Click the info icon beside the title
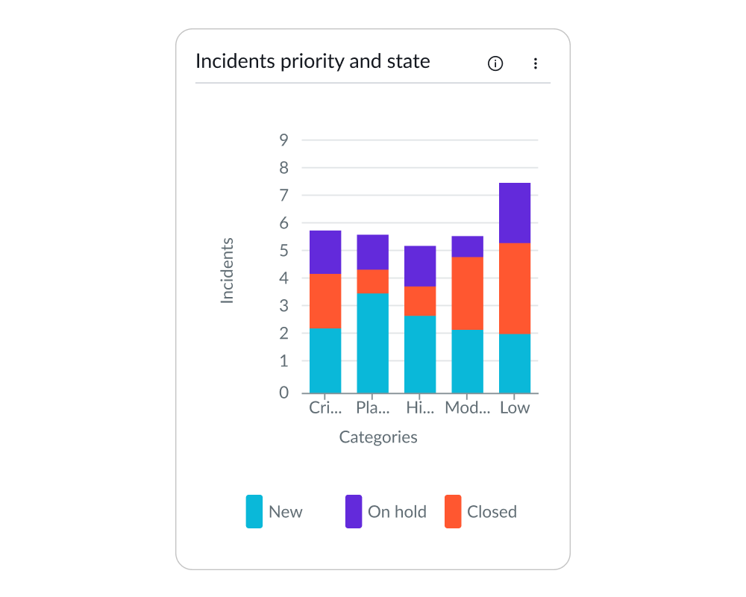(495, 63)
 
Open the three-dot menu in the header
(535, 63)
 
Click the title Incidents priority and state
(313, 61)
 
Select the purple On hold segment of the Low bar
(515, 213)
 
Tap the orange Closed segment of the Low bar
(515, 288)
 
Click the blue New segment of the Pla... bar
(372, 343)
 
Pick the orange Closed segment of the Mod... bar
(467, 293)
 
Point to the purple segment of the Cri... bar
(325, 252)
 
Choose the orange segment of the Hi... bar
(420, 301)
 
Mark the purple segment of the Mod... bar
(467, 246)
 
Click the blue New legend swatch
(254, 511)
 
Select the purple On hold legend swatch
(354, 511)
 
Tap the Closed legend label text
(492, 512)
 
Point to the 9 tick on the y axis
(283, 140)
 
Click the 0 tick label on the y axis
(283, 393)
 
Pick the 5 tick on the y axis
(283, 251)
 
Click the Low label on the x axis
(515, 408)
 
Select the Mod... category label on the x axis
(468, 408)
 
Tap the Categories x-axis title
(378, 437)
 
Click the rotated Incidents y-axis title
(228, 270)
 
